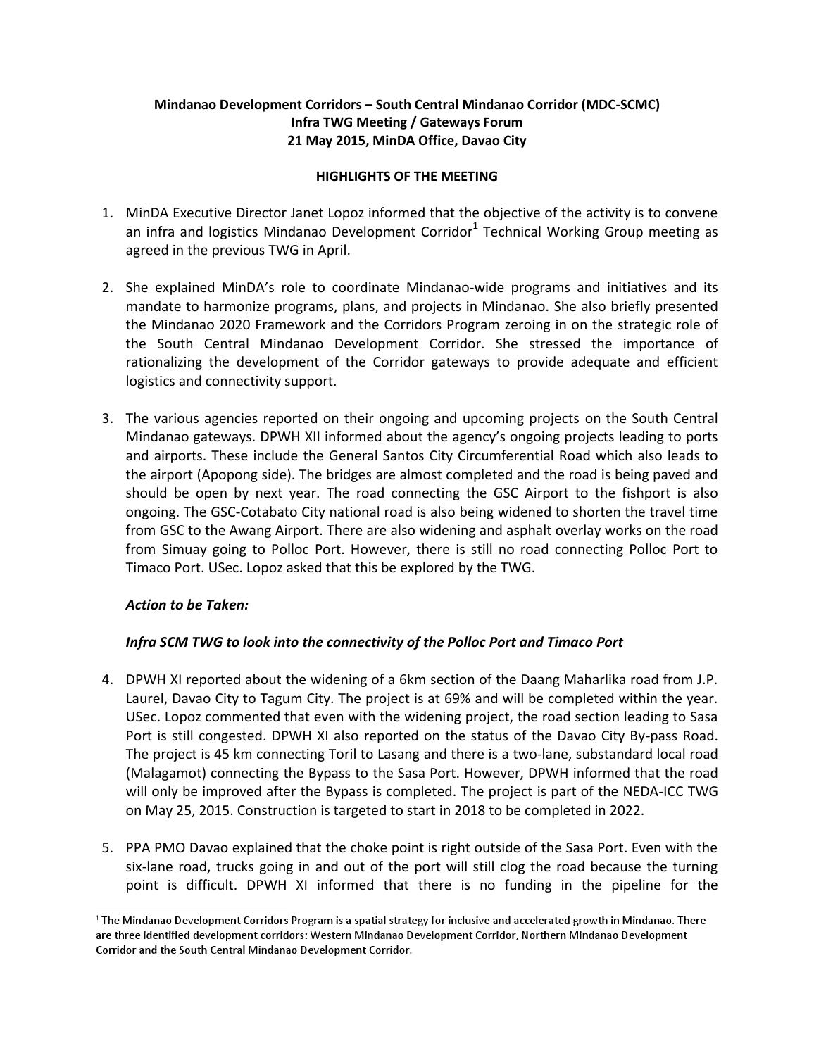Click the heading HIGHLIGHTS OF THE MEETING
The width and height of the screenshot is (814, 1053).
coord(406,177)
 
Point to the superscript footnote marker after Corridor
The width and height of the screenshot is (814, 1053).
coord(475,227)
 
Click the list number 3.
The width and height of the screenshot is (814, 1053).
coord(107,418)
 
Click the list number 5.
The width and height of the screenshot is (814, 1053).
coord(107,847)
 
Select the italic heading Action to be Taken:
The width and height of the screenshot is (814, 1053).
coord(187,605)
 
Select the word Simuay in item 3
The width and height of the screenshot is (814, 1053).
coord(175,549)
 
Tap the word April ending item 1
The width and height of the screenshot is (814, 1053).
coord(332,250)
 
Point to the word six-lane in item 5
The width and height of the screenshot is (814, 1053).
coord(152,866)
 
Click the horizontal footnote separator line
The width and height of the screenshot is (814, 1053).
coord(191,907)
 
